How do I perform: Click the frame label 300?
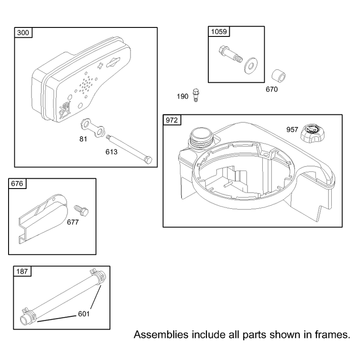23,32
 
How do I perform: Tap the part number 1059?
219,31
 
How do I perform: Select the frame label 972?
172,120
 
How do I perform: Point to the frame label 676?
17,184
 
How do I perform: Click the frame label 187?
22,271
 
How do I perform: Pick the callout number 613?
111,152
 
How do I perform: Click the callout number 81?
83,139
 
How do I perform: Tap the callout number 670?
272,89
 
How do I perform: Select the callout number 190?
183,96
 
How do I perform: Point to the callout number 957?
292,130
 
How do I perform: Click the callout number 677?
73,222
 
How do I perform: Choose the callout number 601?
84,314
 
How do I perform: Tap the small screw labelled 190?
196,95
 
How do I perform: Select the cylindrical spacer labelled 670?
279,76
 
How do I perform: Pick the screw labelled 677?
81,210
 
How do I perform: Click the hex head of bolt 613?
148,160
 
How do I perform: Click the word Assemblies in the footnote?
161,334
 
